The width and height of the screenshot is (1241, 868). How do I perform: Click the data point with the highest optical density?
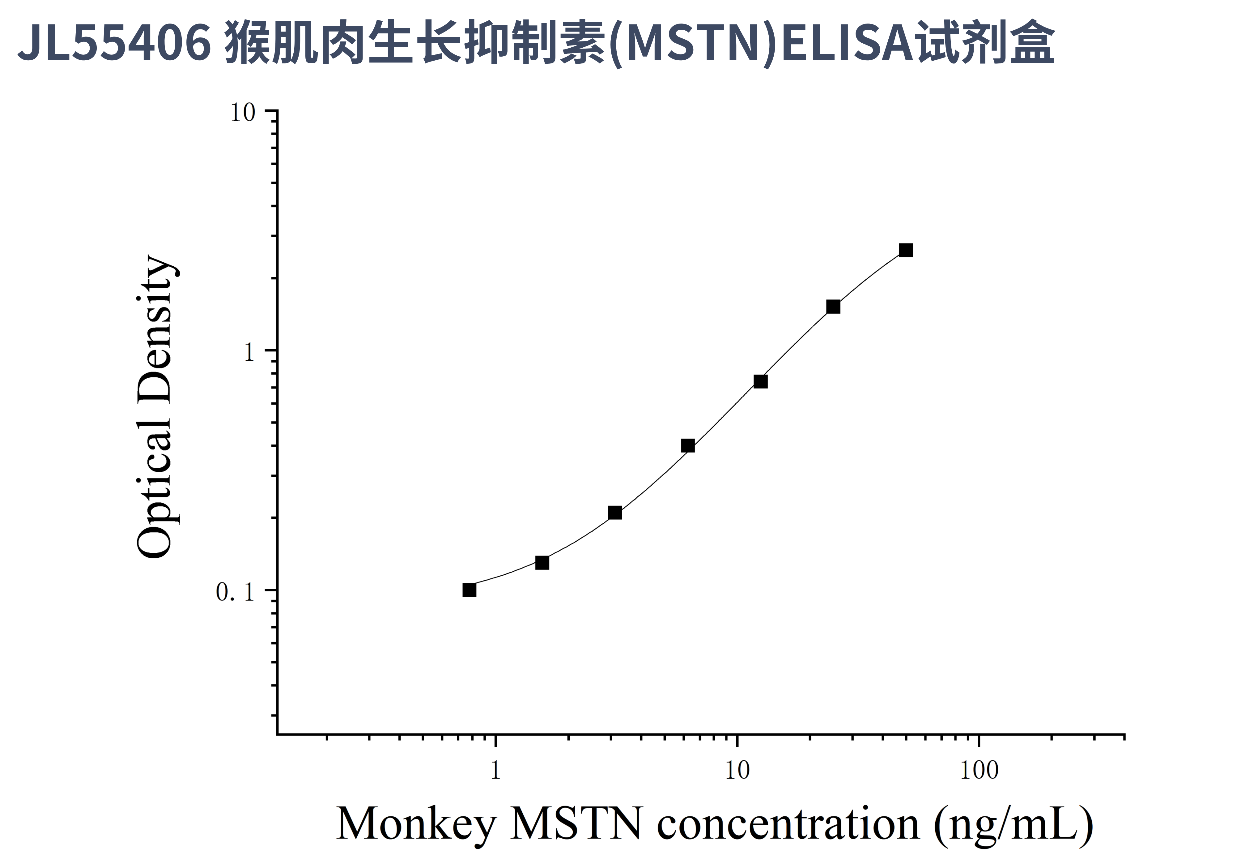point(906,250)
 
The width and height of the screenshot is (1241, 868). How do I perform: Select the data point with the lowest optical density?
point(469,590)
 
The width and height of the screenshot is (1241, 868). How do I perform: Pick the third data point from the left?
point(614,513)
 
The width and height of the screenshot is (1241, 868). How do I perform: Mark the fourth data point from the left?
point(687,446)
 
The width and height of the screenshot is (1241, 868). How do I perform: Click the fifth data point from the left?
point(760,381)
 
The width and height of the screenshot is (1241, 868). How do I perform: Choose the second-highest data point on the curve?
point(833,307)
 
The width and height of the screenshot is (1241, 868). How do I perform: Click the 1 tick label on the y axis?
point(249,353)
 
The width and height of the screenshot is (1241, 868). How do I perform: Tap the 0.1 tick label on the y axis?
point(235,592)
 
